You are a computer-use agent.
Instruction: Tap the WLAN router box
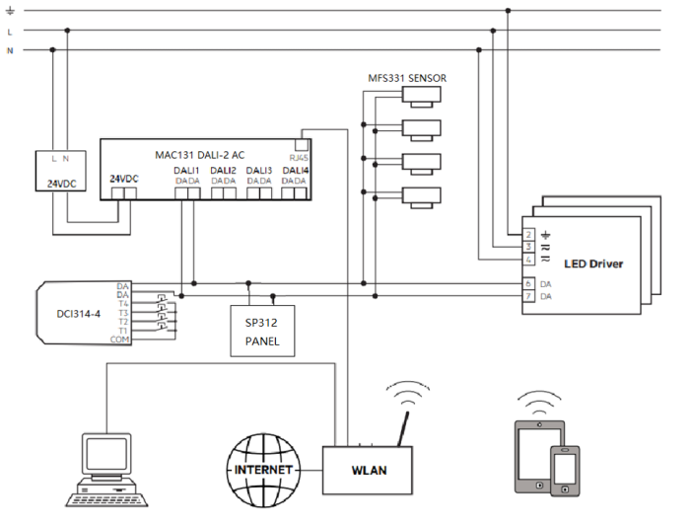[369, 470]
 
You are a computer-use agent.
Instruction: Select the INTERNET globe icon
[261, 470]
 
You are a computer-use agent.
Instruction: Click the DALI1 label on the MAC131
[187, 170]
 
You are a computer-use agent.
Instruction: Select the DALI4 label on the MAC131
[295, 170]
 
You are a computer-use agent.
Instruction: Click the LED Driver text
[593, 263]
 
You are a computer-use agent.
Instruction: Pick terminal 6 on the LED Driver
[529, 284]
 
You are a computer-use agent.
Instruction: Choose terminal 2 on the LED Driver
[529, 234]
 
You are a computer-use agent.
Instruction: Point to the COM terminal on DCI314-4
[123, 339]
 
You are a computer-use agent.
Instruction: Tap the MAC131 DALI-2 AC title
[200, 154]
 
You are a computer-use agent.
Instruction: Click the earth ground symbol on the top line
[10, 11]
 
